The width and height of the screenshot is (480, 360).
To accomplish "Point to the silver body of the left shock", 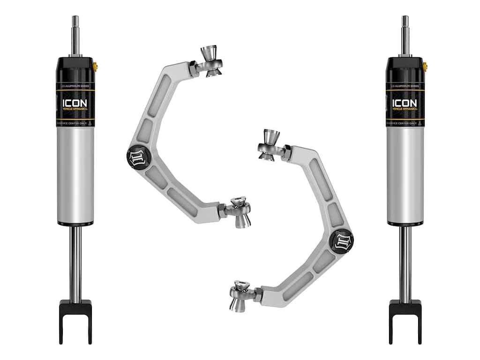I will [75, 173].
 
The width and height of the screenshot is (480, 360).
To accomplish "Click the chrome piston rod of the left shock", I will [75, 262].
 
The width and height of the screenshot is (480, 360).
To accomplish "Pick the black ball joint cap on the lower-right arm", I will [341, 240].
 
